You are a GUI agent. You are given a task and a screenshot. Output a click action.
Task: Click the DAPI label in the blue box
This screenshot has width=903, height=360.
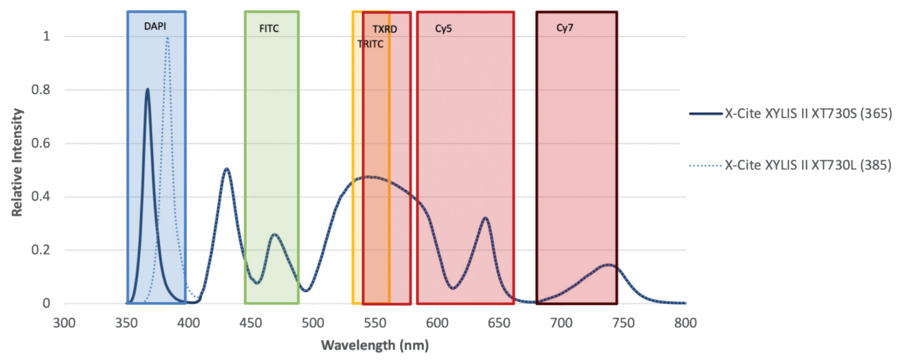pyautogui.click(x=155, y=26)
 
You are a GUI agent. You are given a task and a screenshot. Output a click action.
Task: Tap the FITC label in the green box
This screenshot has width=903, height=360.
pyautogui.click(x=269, y=28)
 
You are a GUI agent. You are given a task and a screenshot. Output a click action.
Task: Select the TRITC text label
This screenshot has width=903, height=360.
pyautogui.click(x=370, y=44)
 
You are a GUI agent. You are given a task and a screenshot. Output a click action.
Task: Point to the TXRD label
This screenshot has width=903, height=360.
pyautogui.click(x=385, y=29)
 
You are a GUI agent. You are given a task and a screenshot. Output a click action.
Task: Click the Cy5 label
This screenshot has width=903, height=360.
pyautogui.click(x=444, y=28)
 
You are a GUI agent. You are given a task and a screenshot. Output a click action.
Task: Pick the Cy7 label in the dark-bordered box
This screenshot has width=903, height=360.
pyautogui.click(x=565, y=28)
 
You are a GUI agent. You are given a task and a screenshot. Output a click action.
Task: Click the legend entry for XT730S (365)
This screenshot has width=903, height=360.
pyautogui.click(x=791, y=114)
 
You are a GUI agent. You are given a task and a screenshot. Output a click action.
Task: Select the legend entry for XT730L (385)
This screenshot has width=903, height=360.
pyautogui.click(x=791, y=165)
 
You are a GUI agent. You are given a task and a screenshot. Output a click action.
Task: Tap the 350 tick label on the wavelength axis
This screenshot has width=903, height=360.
pyautogui.click(x=127, y=323)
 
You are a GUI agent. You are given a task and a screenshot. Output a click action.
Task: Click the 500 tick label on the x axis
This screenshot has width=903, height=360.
pyautogui.click(x=313, y=323)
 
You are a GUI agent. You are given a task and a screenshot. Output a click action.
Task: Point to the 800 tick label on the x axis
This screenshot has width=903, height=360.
pyautogui.click(x=686, y=323)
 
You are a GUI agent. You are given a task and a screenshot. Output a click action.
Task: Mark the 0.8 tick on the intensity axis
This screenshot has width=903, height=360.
pyautogui.click(x=41, y=89)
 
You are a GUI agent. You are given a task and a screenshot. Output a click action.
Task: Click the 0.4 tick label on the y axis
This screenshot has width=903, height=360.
pyautogui.click(x=41, y=196)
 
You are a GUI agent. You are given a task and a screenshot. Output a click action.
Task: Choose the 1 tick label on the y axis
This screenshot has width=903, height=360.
pyautogui.click(x=46, y=36)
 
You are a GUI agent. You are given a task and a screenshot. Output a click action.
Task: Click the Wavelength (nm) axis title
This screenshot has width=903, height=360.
pyautogui.click(x=375, y=345)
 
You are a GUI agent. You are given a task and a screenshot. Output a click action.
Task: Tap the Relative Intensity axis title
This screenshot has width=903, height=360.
pyautogui.click(x=17, y=162)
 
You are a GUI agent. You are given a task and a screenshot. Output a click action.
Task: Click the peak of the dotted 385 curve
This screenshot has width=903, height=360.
pyautogui.click(x=167, y=39)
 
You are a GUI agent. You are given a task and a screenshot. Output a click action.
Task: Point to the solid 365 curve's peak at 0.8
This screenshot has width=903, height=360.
pyautogui.click(x=147, y=89)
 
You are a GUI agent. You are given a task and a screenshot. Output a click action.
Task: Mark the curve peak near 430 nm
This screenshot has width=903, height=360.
pyautogui.click(x=227, y=169)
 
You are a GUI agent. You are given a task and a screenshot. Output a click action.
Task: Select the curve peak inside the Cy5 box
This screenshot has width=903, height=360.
pyautogui.click(x=486, y=218)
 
